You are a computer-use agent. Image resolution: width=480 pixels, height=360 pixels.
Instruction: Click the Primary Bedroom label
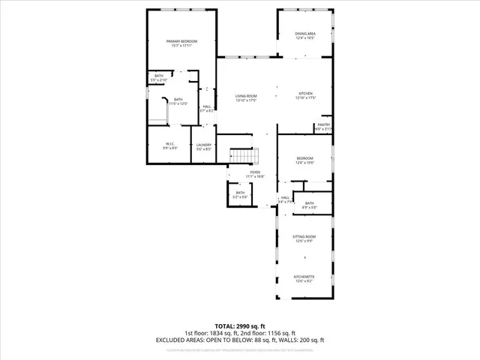pos(180,42)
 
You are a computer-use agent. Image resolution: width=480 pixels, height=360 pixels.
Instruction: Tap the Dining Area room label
pos(304,34)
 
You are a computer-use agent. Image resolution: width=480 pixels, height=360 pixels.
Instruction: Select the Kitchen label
pos(305,94)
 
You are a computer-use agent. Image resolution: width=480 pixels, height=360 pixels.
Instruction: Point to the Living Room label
pos(246,96)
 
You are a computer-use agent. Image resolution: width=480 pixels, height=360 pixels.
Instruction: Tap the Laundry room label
pos(204,145)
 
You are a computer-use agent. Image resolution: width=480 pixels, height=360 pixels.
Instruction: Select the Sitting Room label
pos(304,236)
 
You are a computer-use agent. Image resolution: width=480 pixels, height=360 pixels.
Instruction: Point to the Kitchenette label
pos(304,276)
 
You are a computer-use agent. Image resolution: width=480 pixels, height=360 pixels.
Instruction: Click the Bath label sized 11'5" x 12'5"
pos(178,99)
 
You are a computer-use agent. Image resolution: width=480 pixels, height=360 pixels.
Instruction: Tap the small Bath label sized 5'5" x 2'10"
pos(159,76)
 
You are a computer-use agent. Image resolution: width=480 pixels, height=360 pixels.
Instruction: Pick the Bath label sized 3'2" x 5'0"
pos(240,193)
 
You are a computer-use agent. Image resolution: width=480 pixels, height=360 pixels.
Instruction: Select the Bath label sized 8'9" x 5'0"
pos(310,203)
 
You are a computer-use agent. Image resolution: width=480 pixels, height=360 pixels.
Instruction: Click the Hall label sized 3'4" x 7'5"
pos(285,198)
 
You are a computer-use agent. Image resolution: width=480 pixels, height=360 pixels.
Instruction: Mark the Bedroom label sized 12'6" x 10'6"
pos(304,158)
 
